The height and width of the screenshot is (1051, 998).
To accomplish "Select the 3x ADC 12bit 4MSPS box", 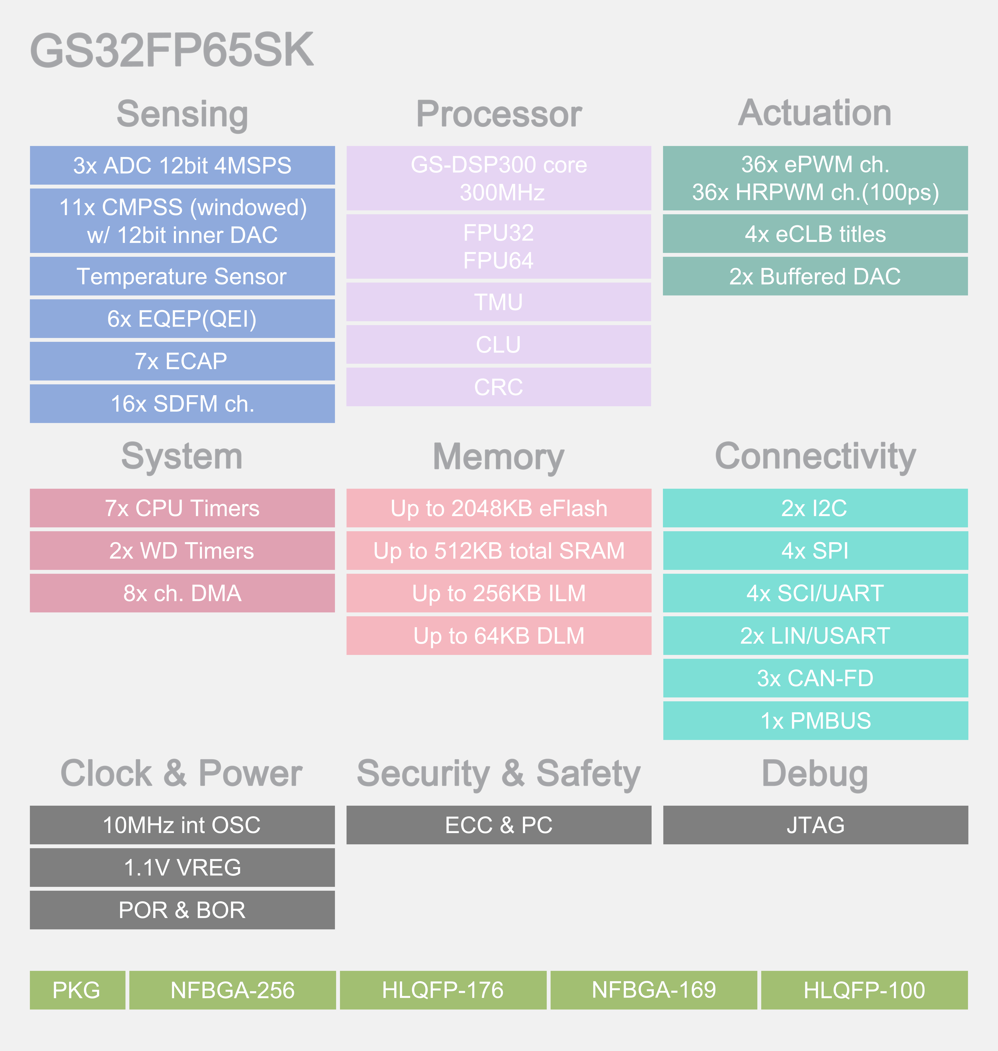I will (x=182, y=165).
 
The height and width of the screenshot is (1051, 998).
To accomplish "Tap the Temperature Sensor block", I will (x=182, y=276).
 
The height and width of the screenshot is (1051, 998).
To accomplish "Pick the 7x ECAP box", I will (x=182, y=361).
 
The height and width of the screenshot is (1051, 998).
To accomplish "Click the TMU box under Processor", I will (x=498, y=302).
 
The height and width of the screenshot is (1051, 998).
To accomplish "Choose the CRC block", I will (x=498, y=387).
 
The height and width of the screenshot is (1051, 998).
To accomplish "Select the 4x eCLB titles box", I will (x=815, y=234).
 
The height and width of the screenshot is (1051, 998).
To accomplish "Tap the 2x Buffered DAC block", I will (x=815, y=276).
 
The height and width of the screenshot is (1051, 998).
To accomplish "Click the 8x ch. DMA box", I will (x=182, y=593).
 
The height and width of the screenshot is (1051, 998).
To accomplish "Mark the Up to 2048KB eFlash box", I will (x=498, y=508).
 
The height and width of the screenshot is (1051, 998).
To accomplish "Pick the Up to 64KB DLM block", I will (x=498, y=635).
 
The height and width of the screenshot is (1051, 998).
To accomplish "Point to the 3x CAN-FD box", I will (x=815, y=678).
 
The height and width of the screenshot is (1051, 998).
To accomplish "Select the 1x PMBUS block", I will (x=815, y=721).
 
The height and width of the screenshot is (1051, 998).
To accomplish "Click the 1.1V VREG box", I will (x=182, y=867).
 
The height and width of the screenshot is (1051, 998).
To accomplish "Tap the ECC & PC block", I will (x=498, y=825).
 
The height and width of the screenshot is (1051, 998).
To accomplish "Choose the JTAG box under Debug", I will (x=815, y=825).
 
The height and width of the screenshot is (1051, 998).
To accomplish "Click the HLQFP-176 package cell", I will (x=443, y=990).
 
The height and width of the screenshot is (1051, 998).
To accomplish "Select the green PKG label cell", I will (x=77, y=990).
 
